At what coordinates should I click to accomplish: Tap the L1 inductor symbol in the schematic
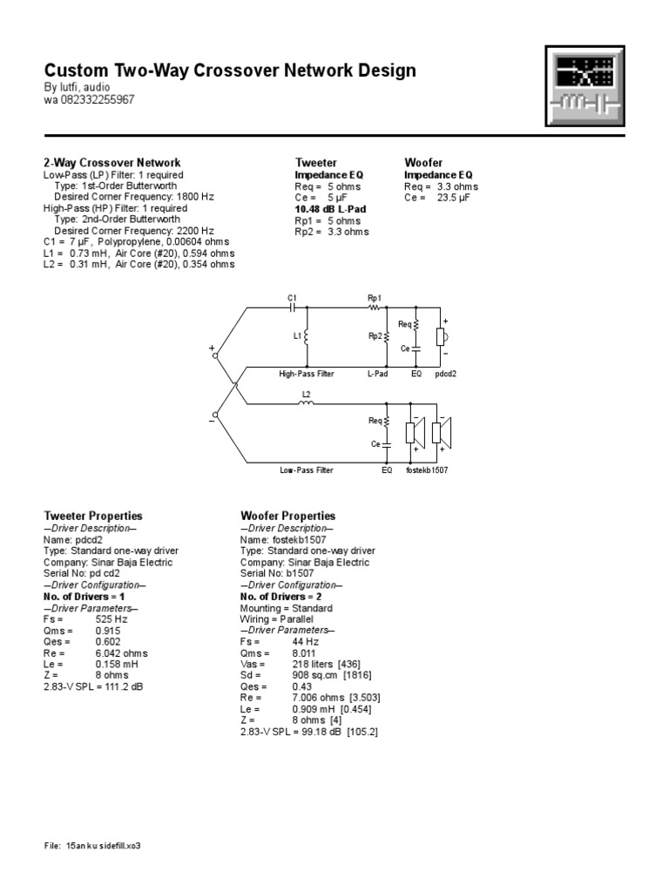307,335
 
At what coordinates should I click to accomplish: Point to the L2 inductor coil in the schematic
306,403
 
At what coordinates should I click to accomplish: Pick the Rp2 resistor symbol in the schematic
386,335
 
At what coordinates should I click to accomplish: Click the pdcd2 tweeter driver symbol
441,336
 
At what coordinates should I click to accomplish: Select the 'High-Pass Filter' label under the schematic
306,374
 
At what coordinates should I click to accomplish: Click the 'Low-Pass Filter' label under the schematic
306,470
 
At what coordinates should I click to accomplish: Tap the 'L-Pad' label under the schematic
376,374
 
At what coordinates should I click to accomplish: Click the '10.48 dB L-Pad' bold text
331,209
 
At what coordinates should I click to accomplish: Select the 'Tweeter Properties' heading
93,517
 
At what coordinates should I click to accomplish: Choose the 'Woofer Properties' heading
287,517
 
